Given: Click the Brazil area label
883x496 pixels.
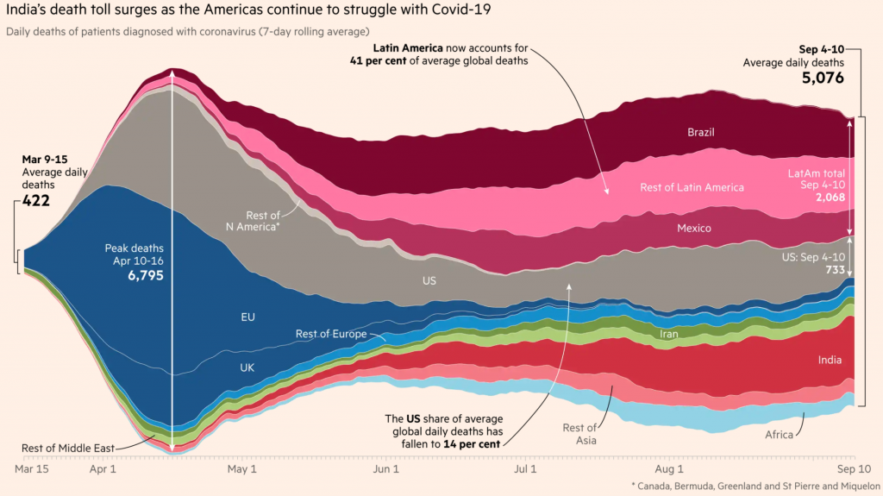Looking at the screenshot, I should pos(700,133).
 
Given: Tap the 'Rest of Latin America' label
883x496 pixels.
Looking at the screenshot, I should pos(692,187).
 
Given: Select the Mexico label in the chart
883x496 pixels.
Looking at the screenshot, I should pos(693,229).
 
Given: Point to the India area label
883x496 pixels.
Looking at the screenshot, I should pos(830,360).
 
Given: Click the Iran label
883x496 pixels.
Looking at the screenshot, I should pos(668,334).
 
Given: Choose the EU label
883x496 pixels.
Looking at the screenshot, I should pos(247,317).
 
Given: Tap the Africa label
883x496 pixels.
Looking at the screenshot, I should pos(779,435).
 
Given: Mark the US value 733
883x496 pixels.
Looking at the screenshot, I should pos(834,270).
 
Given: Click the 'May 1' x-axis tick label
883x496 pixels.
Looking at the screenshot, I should pos(241,470).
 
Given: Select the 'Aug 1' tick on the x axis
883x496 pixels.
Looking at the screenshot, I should pos(669,470).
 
